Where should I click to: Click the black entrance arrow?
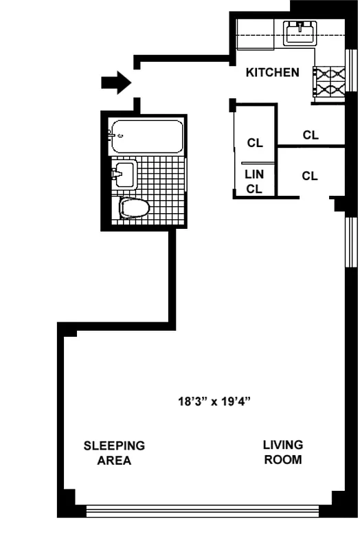tap(115, 82)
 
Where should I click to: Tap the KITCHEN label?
tap(273, 72)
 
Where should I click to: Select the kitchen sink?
tap(300, 32)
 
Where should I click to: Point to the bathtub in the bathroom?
tap(147, 137)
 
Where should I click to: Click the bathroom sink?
tap(124, 173)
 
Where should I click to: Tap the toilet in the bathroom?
tap(135, 208)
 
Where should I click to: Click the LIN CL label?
tap(255, 181)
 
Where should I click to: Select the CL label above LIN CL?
tap(255, 143)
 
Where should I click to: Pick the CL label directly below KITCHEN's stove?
tap(311, 135)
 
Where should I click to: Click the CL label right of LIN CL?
tap(310, 176)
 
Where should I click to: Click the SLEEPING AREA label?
tap(114, 453)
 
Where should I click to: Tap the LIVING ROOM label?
tap(282, 452)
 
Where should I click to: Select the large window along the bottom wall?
tap(203, 511)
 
